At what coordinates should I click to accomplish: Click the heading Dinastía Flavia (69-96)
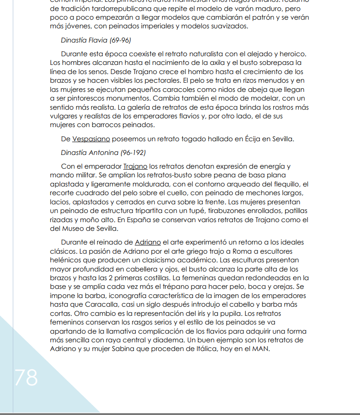tap(96, 40)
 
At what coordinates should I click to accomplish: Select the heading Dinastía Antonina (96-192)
tap(103, 153)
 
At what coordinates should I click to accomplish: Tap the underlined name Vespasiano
tap(91, 139)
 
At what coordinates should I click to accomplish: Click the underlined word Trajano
tap(135, 166)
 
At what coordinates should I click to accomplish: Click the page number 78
tap(26, 378)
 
